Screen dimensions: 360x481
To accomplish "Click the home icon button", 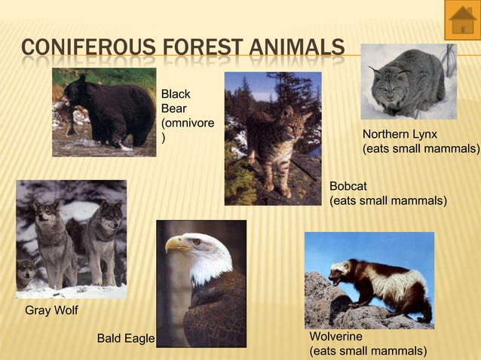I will point(461,20).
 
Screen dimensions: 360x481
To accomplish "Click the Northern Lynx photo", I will point(408,81).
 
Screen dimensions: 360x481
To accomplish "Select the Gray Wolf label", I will point(51,310).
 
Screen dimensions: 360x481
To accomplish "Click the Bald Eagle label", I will point(125,339).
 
